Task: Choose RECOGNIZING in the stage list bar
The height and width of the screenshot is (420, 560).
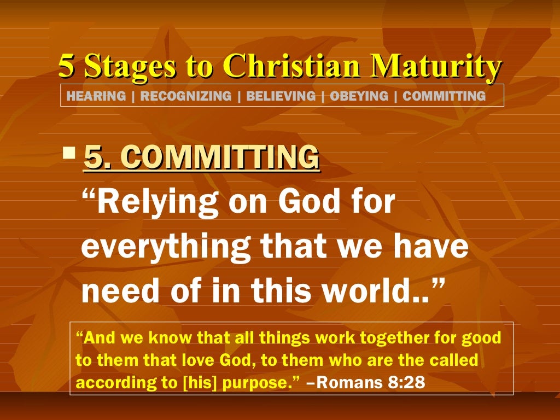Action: point(186,96)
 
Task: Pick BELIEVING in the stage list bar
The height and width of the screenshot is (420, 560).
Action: point(281,96)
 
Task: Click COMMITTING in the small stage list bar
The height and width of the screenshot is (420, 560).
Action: point(444,96)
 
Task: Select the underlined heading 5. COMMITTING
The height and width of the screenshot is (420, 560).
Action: point(201,158)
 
